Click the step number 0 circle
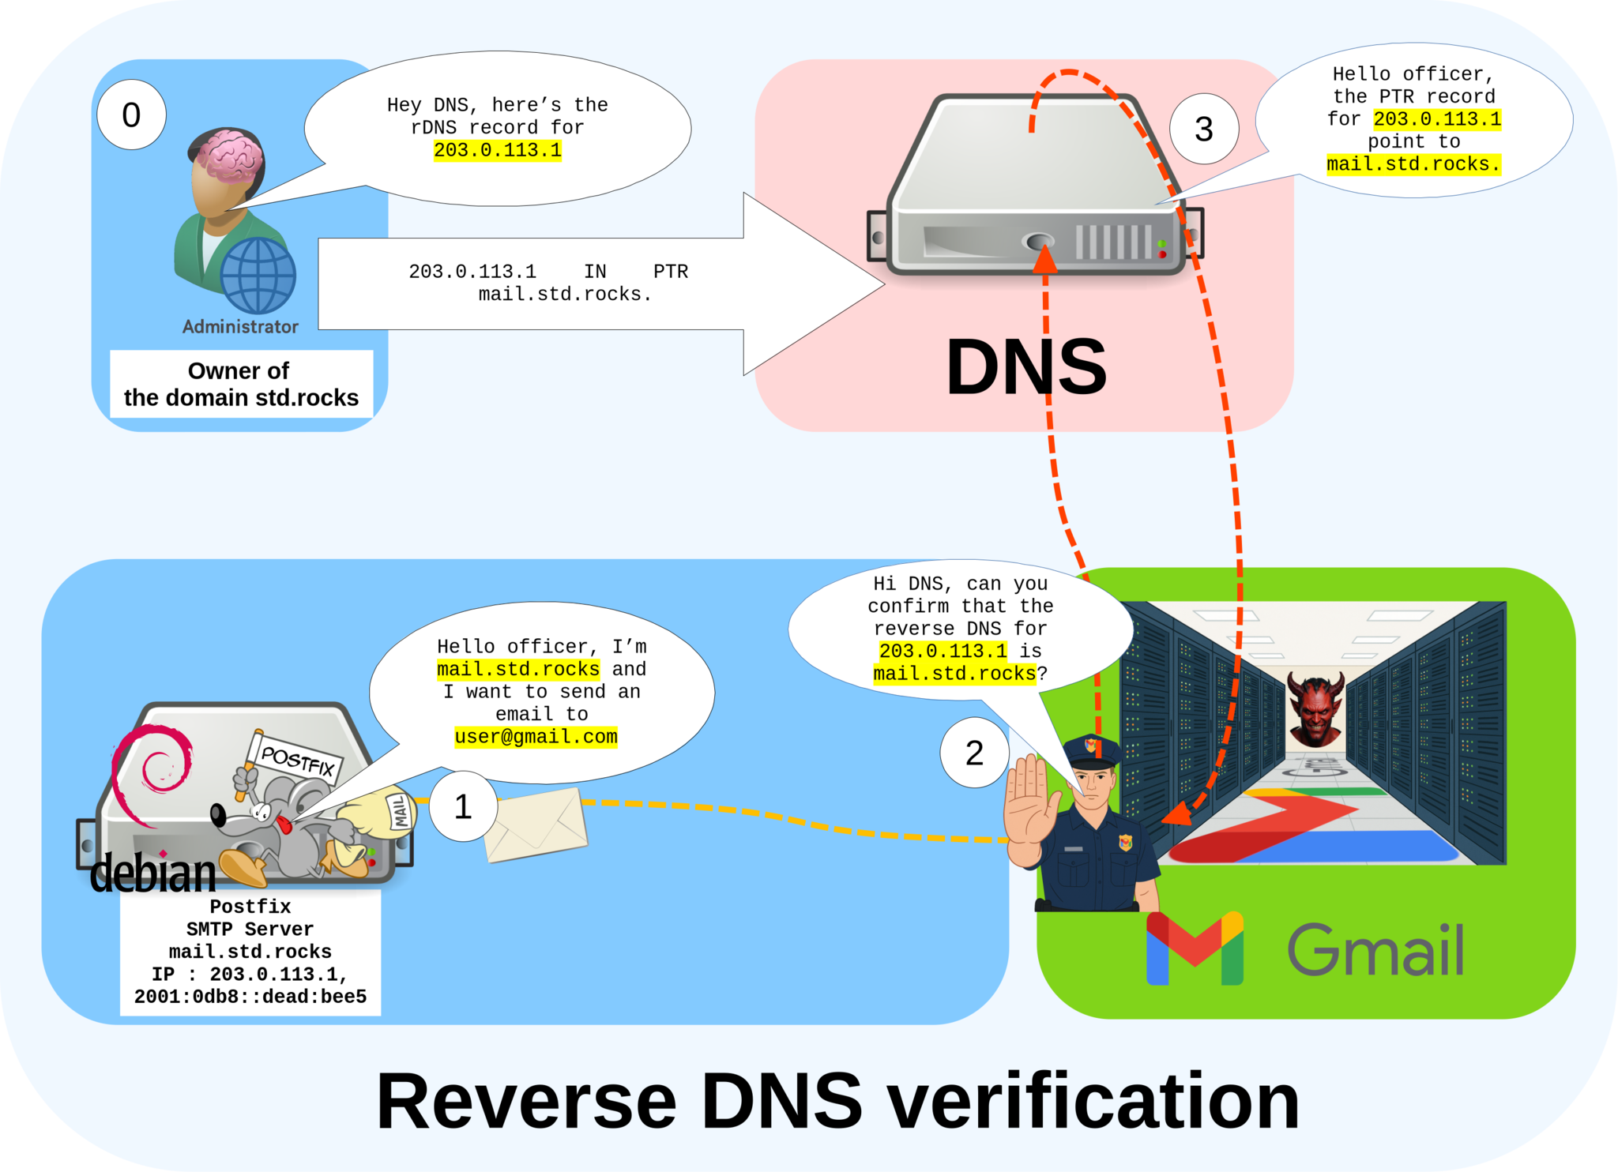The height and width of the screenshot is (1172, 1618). [131, 115]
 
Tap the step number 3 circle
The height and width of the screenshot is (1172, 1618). [1203, 130]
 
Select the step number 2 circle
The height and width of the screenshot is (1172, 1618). [974, 753]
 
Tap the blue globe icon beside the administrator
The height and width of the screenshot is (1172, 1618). [258, 276]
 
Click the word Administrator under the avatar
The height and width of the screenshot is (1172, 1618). [240, 327]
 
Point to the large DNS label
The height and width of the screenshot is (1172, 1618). [1025, 367]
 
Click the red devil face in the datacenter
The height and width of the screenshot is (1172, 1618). [1315, 708]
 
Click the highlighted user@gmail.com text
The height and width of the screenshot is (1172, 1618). [536, 737]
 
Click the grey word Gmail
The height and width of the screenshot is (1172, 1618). [1375, 950]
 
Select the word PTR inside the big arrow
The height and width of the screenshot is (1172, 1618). [670, 272]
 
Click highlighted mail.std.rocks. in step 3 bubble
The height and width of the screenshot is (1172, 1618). [1413, 164]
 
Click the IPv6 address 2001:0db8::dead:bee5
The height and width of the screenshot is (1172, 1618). [250, 997]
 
